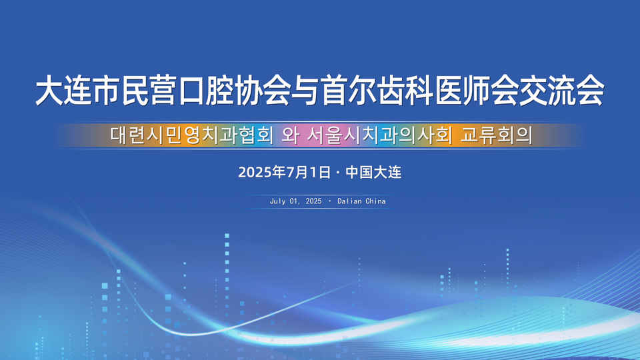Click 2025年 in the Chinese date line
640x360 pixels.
[261, 172]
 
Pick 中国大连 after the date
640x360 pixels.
[373, 172]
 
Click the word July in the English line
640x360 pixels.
[277, 201]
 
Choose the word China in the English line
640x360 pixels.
[375, 201]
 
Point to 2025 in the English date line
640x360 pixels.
[313, 201]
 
